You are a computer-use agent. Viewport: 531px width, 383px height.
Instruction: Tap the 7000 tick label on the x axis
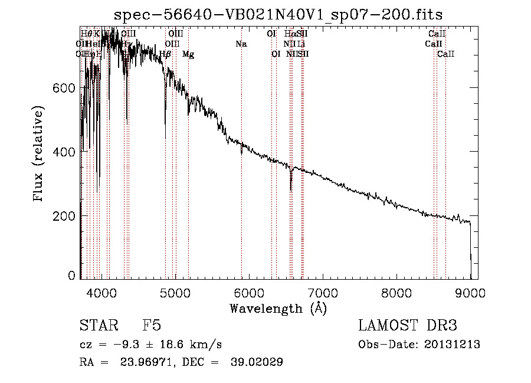(x=323, y=293)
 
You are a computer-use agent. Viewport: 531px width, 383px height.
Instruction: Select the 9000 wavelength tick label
(x=470, y=293)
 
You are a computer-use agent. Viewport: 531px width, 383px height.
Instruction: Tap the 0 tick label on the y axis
(x=71, y=276)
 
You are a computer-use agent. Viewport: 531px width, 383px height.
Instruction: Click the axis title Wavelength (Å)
(x=278, y=308)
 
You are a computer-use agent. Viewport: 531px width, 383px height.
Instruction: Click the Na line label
(x=241, y=44)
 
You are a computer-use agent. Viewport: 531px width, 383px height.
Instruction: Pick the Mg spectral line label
(x=188, y=54)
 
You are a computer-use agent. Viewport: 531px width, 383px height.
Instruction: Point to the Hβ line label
(x=166, y=54)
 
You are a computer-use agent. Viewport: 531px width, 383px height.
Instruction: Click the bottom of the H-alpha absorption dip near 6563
(x=291, y=190)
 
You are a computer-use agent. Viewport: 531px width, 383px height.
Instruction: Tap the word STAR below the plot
(x=95, y=326)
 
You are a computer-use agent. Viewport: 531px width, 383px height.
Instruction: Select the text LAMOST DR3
(x=407, y=326)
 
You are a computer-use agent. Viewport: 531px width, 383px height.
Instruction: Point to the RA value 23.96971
(x=151, y=362)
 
